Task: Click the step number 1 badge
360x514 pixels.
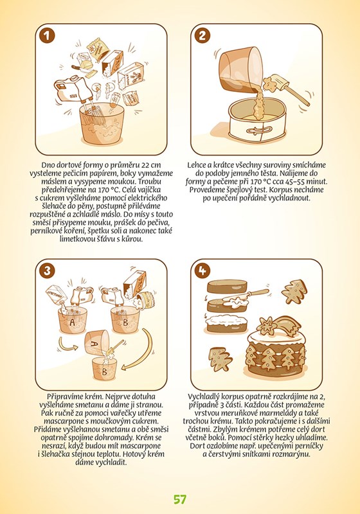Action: point(47,36)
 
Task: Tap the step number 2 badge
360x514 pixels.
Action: point(203,36)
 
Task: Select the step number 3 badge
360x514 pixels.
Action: point(47,270)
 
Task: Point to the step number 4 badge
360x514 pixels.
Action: point(203,270)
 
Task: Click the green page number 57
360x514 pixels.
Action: point(180,499)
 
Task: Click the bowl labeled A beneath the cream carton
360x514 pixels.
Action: point(73,320)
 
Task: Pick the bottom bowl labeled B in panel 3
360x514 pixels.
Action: point(105,368)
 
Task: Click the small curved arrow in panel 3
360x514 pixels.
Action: point(68,344)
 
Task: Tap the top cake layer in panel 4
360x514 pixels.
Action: point(226,287)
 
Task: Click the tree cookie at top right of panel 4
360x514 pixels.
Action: point(294,292)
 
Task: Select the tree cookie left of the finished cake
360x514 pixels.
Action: point(221,359)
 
